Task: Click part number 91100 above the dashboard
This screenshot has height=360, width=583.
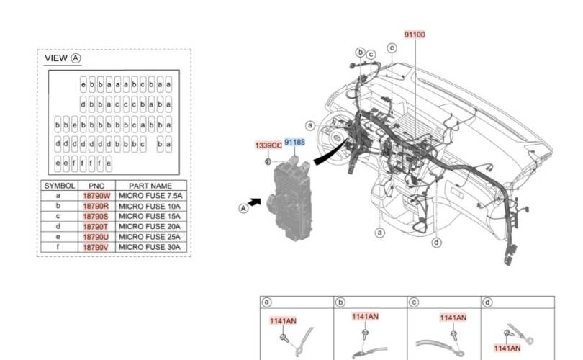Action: [415, 35]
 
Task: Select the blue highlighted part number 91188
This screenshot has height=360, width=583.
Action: [294, 142]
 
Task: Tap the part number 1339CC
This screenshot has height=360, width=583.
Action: [268, 145]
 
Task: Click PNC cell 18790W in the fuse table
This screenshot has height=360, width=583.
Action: [96, 196]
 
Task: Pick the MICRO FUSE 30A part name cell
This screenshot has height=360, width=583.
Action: [150, 247]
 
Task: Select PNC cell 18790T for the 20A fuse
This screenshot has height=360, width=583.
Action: [96, 227]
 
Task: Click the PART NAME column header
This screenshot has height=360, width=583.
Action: [150, 186]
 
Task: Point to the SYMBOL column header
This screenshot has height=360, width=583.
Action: [60, 186]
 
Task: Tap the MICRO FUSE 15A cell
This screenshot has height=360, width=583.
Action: [150, 216]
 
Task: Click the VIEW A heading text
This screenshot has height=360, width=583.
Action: [63, 58]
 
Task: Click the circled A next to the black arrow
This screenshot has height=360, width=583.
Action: [243, 208]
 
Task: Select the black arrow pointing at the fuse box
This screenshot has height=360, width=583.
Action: [255, 202]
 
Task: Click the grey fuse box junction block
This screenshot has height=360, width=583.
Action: [290, 199]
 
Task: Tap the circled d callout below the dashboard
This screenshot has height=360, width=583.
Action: [436, 243]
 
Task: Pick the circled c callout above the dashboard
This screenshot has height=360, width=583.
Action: [392, 48]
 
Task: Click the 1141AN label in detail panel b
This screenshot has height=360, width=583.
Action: [365, 317]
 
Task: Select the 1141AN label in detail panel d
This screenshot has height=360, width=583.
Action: [507, 348]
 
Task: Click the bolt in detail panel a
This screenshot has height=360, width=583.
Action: [284, 338]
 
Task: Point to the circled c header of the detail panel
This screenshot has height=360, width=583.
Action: [413, 302]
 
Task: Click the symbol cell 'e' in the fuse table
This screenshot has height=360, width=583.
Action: [58, 237]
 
